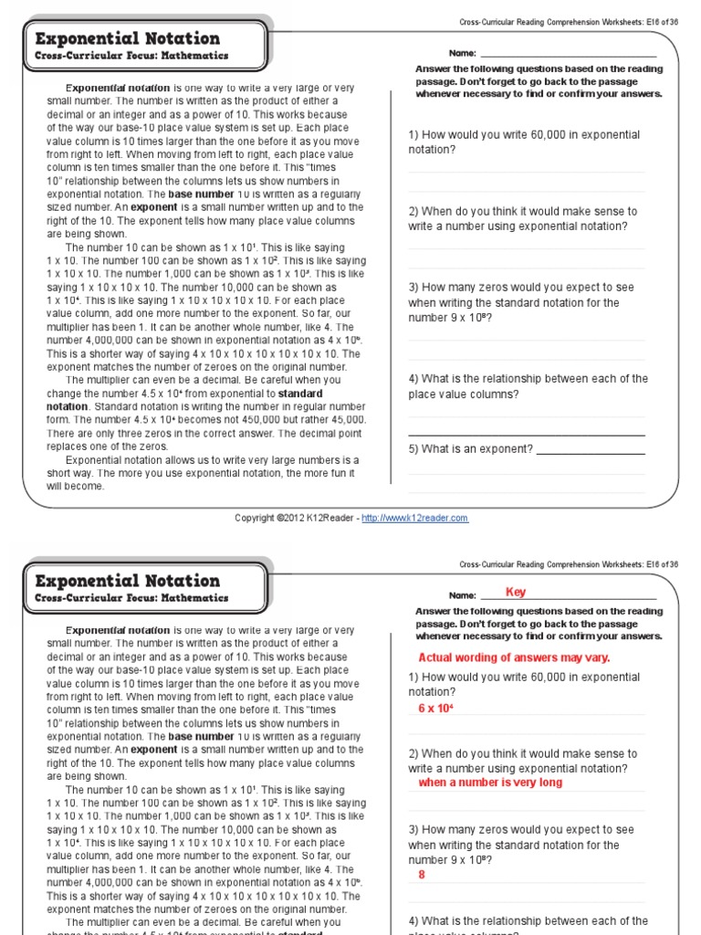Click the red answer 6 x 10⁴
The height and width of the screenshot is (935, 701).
436,709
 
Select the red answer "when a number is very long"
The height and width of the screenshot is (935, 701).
490,783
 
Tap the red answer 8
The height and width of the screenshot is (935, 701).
422,875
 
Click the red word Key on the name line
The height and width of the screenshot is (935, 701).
516,592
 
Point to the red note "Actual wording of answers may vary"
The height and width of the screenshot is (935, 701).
514,657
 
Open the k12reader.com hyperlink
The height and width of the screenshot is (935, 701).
414,518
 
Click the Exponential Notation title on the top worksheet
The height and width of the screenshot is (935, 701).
127,38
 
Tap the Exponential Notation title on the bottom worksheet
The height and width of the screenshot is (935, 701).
127,581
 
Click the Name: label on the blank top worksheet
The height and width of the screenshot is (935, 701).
463,54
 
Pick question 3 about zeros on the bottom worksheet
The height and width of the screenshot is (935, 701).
520,845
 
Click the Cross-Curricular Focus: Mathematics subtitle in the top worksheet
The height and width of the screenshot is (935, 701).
131,56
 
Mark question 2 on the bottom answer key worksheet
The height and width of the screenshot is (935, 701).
522,761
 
